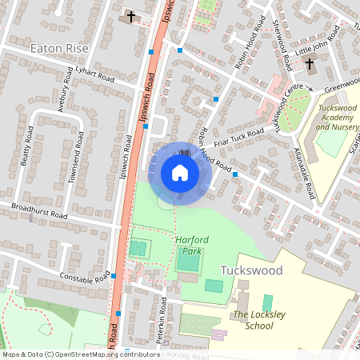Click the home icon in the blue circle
(180, 173)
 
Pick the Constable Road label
(84, 277)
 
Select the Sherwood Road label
(280, 44)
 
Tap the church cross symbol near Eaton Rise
(130, 16)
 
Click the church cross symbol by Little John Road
(309, 64)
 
